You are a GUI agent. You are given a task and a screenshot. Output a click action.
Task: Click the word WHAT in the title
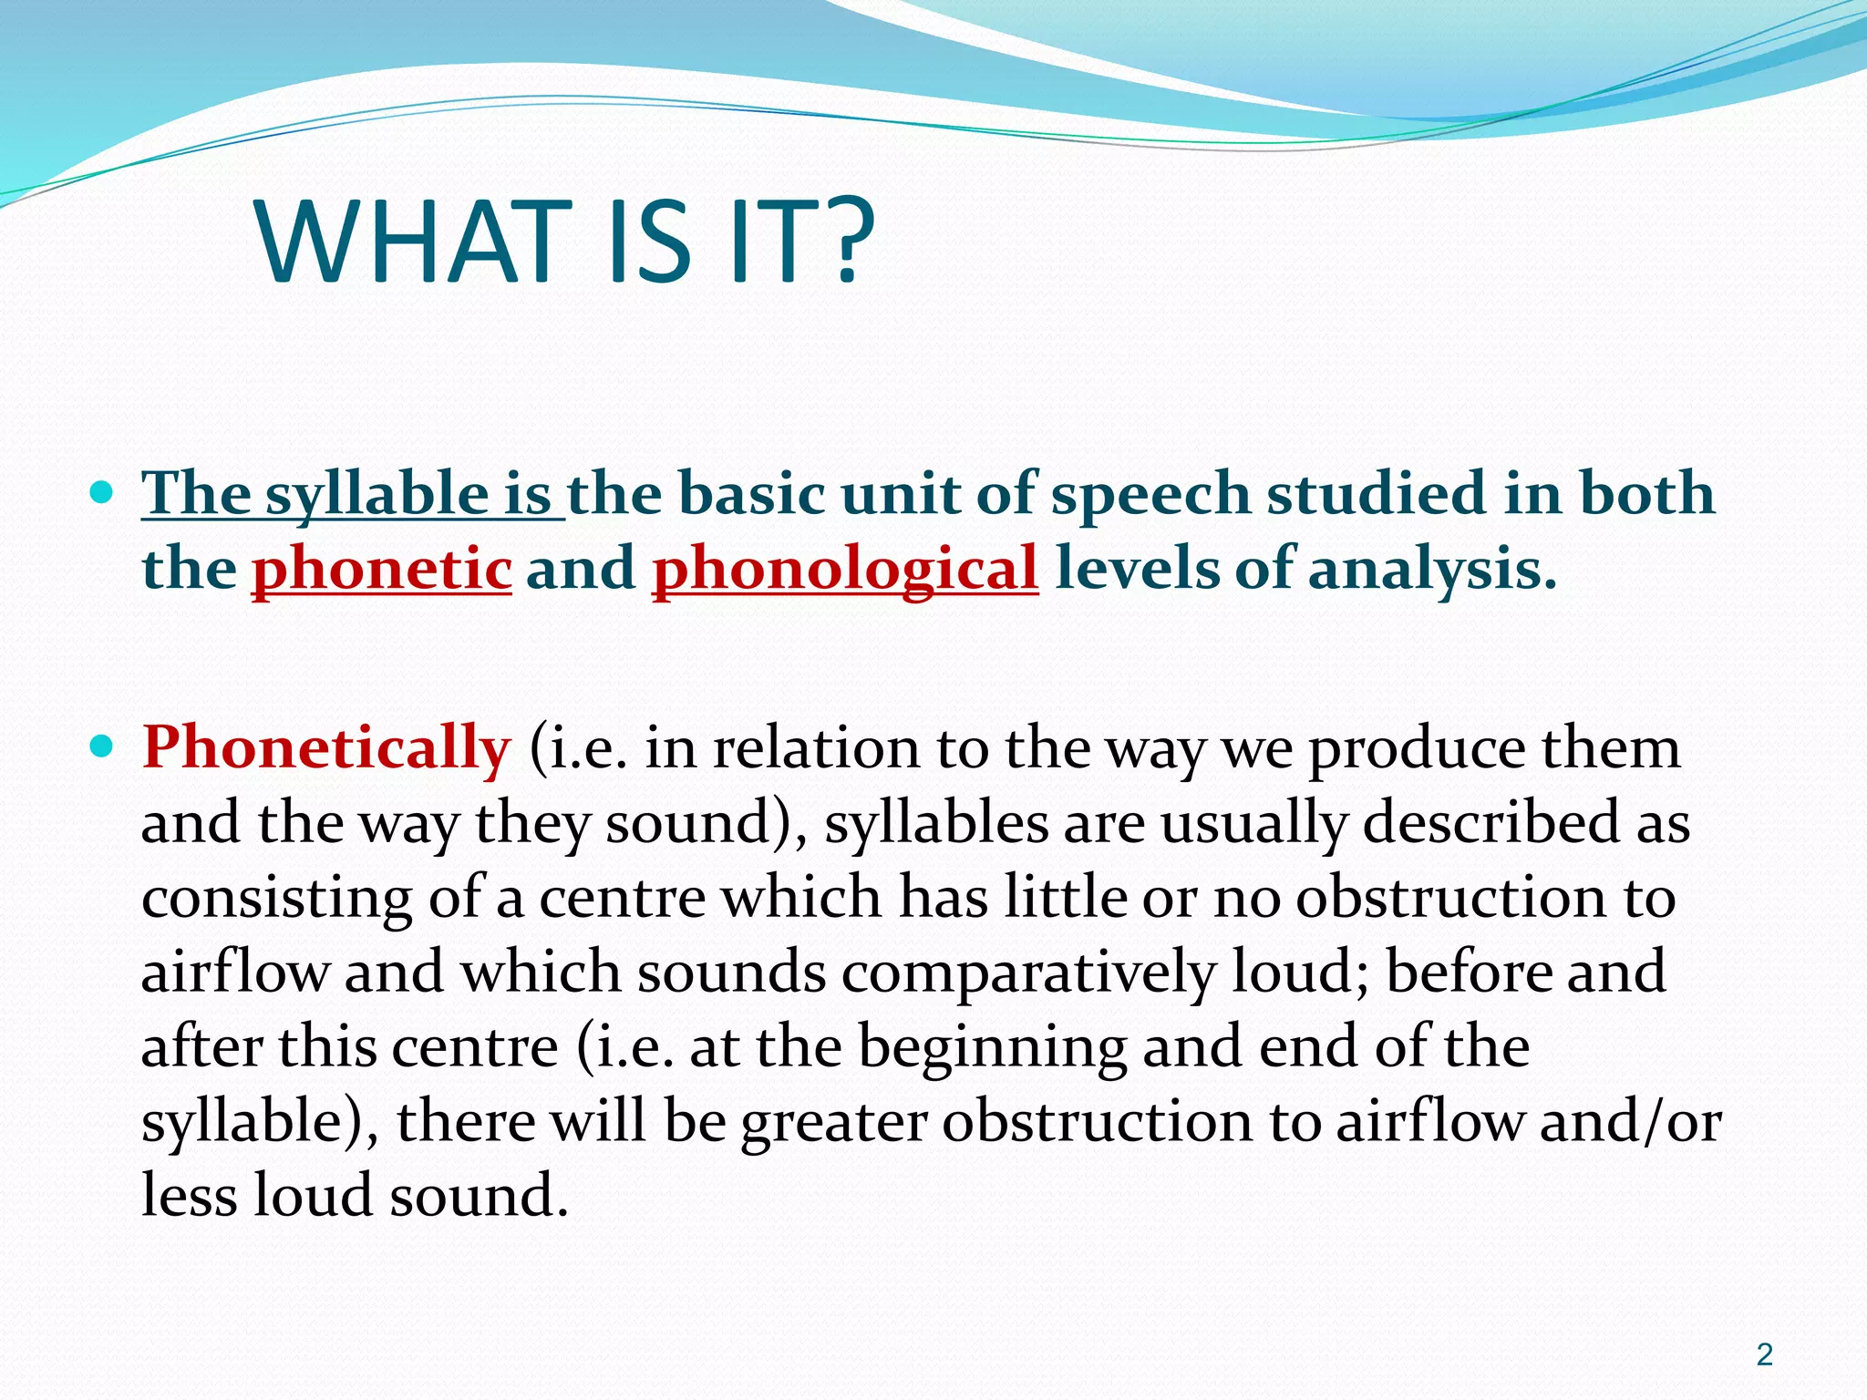click(x=407, y=242)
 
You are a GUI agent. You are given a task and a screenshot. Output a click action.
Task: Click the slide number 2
click(x=1765, y=1354)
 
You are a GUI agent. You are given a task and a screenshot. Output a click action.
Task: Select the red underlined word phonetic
click(x=381, y=569)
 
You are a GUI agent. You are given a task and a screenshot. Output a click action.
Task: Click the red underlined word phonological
click(x=845, y=569)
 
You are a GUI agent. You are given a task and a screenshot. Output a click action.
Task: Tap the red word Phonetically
click(x=325, y=747)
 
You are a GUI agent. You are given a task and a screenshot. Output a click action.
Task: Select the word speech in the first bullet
click(x=1150, y=495)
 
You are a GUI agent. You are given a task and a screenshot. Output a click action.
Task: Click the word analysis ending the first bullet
click(x=1431, y=569)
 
